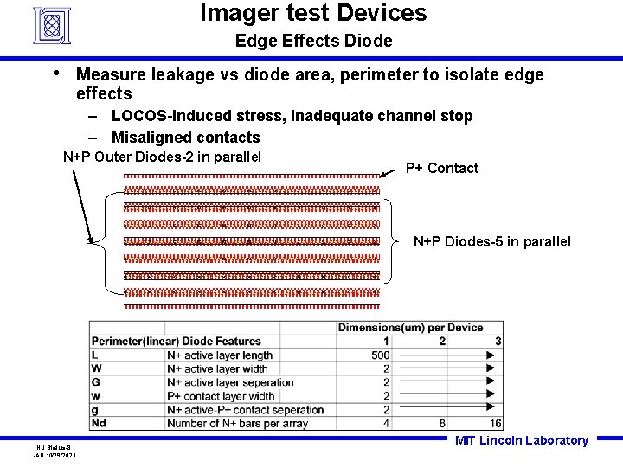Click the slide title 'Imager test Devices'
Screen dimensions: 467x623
pos(313,14)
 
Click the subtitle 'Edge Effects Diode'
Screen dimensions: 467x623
pos(313,41)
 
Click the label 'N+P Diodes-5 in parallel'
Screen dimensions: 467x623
pos(491,241)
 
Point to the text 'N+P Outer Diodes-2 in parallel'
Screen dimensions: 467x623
pos(162,157)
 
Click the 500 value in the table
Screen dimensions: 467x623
pos(380,355)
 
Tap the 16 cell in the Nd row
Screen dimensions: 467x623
pos(495,423)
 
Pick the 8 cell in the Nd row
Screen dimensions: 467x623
pos(442,423)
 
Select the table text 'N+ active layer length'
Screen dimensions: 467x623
pos(219,355)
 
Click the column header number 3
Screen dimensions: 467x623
pos(498,341)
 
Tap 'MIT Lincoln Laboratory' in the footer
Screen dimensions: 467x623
pos(521,440)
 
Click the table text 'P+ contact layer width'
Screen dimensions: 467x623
pos(221,396)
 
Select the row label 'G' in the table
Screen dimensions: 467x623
pos(95,382)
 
